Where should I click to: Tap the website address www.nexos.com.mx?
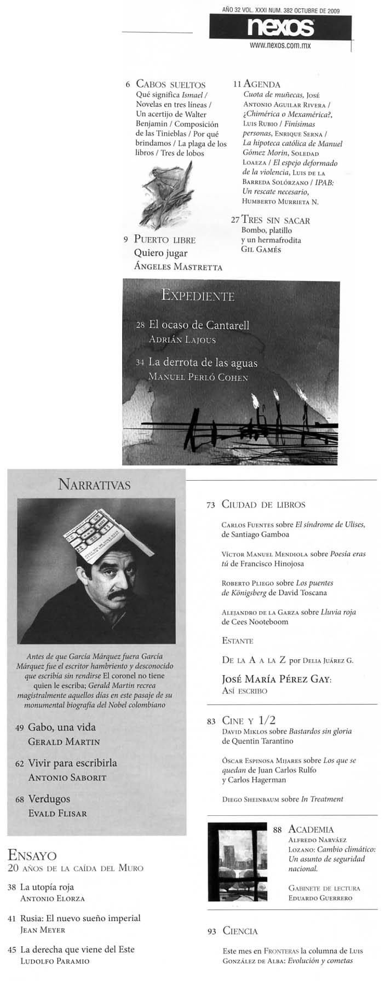click(280, 46)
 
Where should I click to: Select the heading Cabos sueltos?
click(170, 84)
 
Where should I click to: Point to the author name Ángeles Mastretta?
click(178, 267)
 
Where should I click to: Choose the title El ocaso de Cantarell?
click(199, 325)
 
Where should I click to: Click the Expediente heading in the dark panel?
click(198, 296)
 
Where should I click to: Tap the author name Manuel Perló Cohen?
click(198, 377)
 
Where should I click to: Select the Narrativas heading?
click(94, 485)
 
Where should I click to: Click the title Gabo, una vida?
click(61, 727)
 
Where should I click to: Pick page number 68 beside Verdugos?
click(20, 800)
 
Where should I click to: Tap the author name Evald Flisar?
click(58, 814)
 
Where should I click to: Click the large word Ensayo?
click(32, 855)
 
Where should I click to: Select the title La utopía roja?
click(47, 887)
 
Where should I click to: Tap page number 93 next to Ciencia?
click(211, 931)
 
